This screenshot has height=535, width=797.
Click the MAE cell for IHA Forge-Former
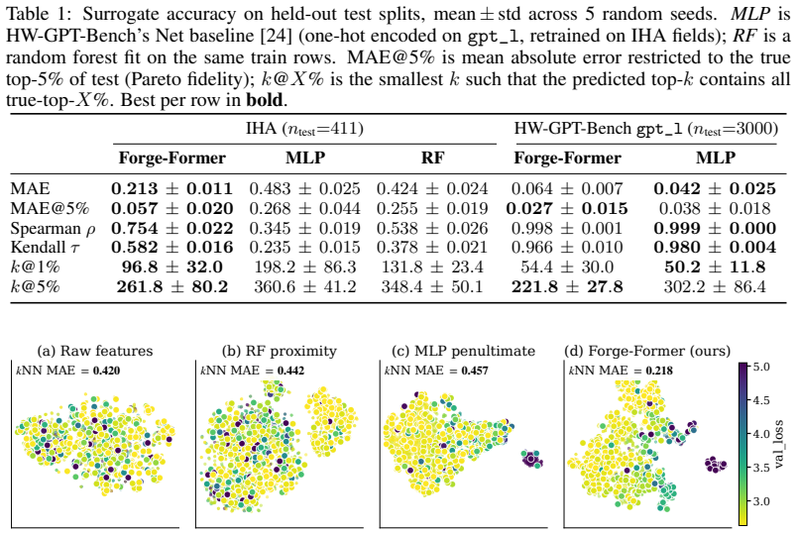tap(171, 189)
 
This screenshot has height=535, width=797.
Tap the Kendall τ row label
tap(45, 248)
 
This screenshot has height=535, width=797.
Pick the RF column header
tap(432, 158)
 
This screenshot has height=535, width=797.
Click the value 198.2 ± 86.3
tap(305, 267)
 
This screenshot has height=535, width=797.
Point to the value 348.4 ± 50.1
tap(432, 287)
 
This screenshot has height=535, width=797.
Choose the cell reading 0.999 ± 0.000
tap(715, 228)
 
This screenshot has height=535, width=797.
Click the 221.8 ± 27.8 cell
tap(567, 287)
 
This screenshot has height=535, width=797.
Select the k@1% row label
tap(35, 267)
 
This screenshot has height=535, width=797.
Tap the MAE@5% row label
tap(51, 209)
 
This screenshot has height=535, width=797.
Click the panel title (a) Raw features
tap(95, 351)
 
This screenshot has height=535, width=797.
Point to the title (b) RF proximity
tap(280, 351)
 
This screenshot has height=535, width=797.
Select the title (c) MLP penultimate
tap(464, 351)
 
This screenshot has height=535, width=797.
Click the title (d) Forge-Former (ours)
tap(647, 351)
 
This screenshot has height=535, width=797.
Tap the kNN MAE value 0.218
tap(659, 371)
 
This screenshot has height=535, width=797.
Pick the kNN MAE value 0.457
tap(475, 371)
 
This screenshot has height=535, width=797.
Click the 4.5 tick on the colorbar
tap(761, 400)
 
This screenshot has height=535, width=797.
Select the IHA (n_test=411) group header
tap(305, 129)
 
